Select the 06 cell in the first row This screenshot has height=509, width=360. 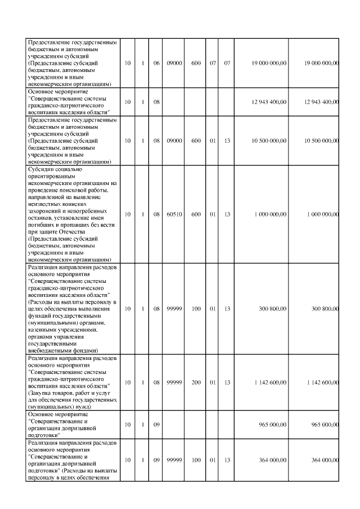click(157, 63)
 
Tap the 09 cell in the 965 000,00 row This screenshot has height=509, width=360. click(157, 425)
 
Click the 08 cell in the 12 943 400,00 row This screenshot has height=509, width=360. click(157, 102)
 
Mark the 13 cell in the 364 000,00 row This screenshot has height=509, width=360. click(227, 460)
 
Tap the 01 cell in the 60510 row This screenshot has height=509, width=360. click(212, 214)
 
